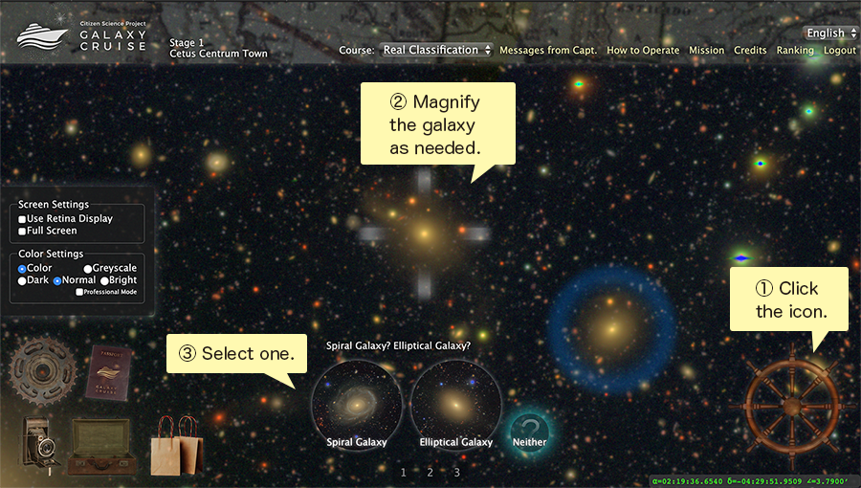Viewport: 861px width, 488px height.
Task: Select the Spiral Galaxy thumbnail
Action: tap(357, 401)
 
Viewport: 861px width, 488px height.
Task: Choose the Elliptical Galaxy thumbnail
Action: tap(456, 401)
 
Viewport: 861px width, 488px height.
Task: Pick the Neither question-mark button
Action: tap(530, 429)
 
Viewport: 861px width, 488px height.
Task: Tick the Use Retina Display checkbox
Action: tap(23, 219)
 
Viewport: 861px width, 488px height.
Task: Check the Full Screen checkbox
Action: tap(23, 231)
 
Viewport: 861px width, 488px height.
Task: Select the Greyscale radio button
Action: tap(88, 269)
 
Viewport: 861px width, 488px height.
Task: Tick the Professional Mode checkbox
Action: tap(80, 292)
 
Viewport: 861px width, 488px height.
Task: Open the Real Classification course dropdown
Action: tap(436, 50)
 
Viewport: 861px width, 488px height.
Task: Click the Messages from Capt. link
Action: tap(548, 51)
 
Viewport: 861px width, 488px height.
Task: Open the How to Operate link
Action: tap(643, 51)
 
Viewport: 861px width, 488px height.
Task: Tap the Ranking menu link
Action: tap(795, 51)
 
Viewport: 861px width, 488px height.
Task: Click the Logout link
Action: tap(840, 51)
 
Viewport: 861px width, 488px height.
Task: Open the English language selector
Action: tap(829, 33)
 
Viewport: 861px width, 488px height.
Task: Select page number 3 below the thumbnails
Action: tap(457, 472)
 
